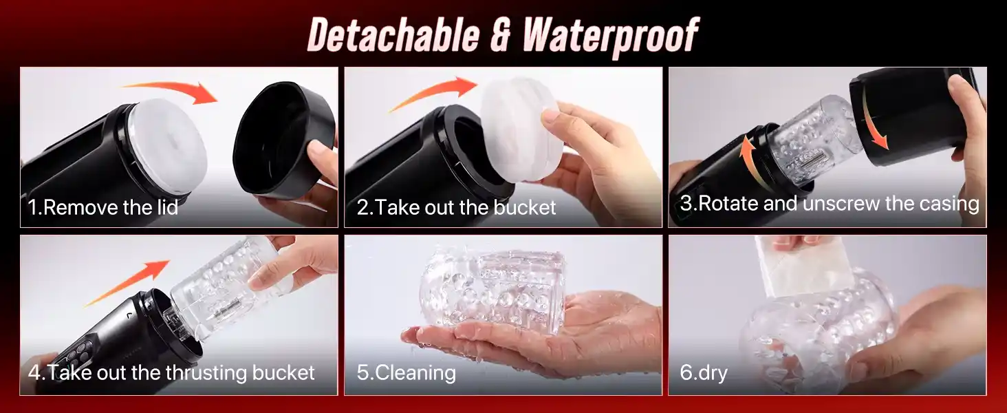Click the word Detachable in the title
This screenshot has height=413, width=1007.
coord(394,34)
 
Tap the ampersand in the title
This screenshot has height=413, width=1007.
coord(501,35)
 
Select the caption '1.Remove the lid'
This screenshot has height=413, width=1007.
coord(103,207)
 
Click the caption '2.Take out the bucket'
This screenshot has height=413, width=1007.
coord(456,207)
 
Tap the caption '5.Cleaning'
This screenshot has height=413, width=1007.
coord(407,373)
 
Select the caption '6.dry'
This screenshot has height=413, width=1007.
coord(704,373)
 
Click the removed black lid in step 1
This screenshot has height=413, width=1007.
coord(283,140)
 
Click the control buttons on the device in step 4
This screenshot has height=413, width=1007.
coord(81,351)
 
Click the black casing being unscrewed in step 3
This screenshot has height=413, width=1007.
coord(908,117)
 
